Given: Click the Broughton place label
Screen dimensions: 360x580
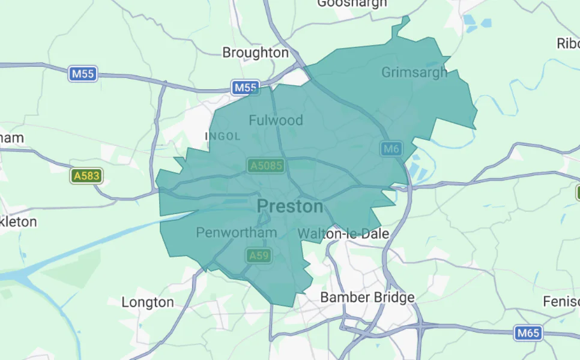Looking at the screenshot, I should click(255, 53).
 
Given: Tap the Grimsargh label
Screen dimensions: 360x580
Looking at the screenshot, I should click(414, 73).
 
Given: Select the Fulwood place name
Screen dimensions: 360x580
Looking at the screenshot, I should click(276, 120).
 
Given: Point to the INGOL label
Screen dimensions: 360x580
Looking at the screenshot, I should click(223, 137).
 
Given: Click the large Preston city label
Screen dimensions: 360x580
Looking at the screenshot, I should click(290, 206).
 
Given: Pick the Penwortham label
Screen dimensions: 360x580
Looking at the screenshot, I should click(237, 232).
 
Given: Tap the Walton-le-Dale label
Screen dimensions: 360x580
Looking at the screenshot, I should click(343, 233).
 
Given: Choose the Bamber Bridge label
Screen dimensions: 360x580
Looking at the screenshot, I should click(367, 297).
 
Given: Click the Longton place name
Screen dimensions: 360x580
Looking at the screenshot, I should click(148, 302).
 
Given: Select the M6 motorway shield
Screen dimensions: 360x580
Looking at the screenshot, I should click(390, 149).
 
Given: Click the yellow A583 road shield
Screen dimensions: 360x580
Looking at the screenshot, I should click(86, 176).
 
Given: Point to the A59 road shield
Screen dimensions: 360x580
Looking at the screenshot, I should click(259, 256).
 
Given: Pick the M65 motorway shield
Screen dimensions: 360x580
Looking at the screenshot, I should click(528, 332).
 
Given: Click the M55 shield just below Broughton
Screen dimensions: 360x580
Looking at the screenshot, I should click(245, 88).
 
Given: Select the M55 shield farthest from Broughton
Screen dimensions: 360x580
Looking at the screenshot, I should click(83, 74).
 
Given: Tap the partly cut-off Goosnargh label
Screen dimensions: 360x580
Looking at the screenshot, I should click(352, 4).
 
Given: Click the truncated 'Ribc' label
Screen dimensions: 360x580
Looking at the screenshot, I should click(568, 44).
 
